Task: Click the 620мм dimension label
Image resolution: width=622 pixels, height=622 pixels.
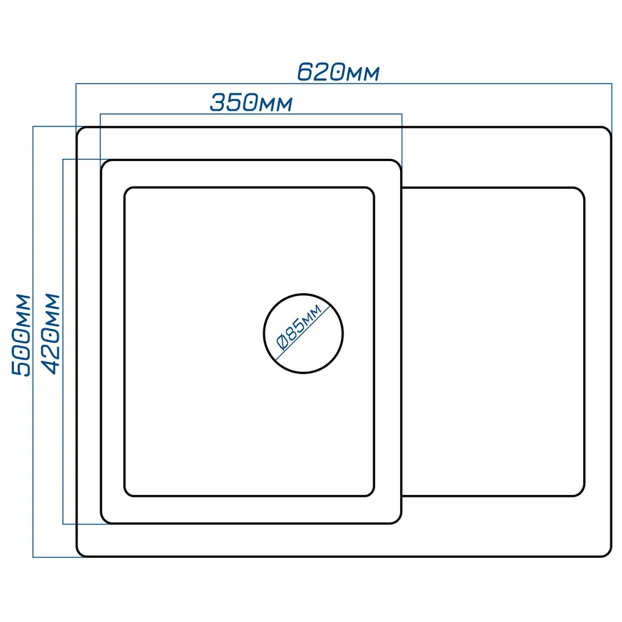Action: point(339,72)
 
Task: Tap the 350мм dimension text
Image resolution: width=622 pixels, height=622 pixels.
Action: point(251,102)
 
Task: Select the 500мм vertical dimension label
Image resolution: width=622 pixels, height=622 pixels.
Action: point(21,334)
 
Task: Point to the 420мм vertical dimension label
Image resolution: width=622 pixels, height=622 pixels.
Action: point(51,334)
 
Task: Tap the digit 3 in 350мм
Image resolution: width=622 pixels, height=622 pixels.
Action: point(218,102)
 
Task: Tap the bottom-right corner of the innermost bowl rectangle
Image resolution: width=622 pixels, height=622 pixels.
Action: point(371,493)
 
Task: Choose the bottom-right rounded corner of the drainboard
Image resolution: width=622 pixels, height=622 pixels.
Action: point(581,493)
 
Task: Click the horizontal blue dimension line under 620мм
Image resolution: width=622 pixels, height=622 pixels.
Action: point(344,84)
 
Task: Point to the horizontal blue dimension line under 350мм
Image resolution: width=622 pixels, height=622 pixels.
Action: point(251,114)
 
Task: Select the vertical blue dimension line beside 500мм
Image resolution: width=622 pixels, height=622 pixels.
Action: point(33,341)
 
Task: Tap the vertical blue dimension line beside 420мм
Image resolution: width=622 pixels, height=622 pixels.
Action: point(63,341)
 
